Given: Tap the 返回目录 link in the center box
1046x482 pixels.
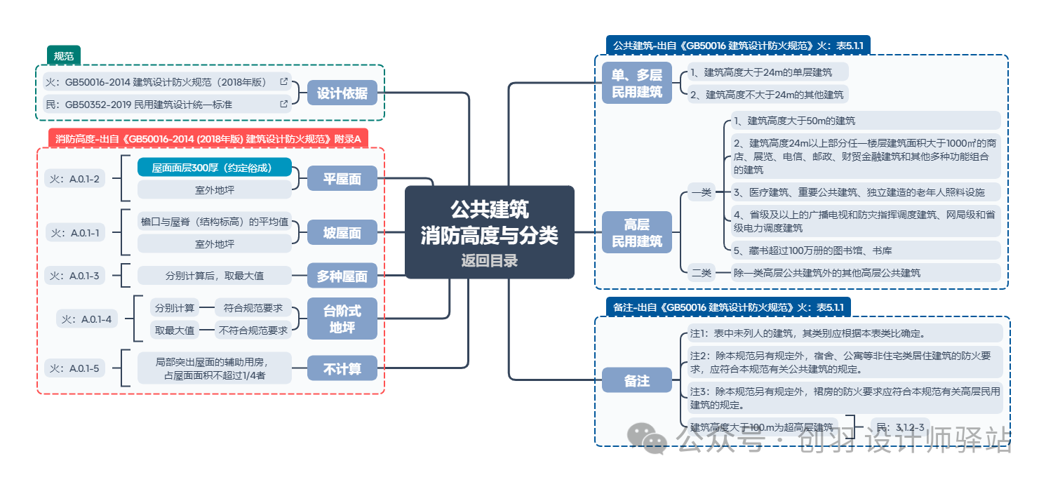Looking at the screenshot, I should click(x=489, y=261).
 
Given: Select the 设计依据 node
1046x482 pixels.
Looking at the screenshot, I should click(x=342, y=93).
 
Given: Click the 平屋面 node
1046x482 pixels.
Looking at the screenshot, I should click(x=342, y=179).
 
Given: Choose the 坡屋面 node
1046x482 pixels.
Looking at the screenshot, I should click(x=342, y=233).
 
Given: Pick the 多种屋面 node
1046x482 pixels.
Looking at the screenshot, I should click(x=342, y=276).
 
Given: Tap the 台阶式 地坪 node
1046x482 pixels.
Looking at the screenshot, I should click(x=342, y=319).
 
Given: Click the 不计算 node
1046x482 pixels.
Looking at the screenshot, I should click(x=342, y=368).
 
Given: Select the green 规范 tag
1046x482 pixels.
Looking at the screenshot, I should click(x=64, y=55).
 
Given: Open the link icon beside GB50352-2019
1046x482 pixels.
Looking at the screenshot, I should click(x=283, y=105).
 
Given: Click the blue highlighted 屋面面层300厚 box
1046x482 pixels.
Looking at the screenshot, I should click(x=214, y=168).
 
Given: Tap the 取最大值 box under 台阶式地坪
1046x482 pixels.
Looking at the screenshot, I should click(x=175, y=330).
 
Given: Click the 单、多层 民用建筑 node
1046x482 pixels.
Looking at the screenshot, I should click(x=636, y=83).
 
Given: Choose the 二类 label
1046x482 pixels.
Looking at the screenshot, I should click(x=701, y=273).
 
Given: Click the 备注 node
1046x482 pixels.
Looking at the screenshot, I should click(x=636, y=381).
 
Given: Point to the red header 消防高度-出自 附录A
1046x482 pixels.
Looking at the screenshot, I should click(x=208, y=139).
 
